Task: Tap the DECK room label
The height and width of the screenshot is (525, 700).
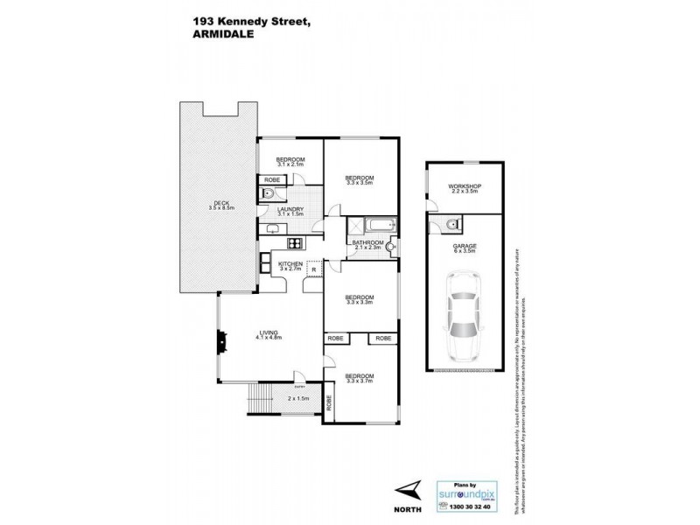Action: pyautogui.click(x=210, y=206)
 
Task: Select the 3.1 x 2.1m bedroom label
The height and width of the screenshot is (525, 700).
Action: pyautogui.click(x=290, y=161)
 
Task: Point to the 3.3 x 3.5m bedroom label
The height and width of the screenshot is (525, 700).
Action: pyautogui.click(x=360, y=180)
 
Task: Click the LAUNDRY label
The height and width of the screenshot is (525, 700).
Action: pyautogui.click(x=290, y=211)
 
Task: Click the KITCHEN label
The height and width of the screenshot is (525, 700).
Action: pyautogui.click(x=290, y=265)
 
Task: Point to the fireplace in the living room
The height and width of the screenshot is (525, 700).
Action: pyautogui.click(x=222, y=341)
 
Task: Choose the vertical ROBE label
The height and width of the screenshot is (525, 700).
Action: pyautogui.click(x=330, y=403)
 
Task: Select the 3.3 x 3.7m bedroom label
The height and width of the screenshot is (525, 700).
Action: pyautogui.click(x=360, y=381)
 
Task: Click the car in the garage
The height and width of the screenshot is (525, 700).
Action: pyautogui.click(x=465, y=315)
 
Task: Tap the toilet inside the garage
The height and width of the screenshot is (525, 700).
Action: pyautogui.click(x=450, y=227)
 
